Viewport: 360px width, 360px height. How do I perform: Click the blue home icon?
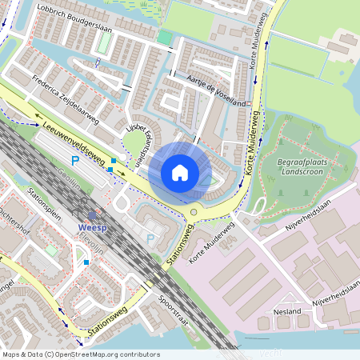coord(180,173)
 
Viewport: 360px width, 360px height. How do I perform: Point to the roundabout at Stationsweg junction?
coord(194,213)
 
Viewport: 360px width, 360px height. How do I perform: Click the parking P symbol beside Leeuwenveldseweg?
coord(76,161)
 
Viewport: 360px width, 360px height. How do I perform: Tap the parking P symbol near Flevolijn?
coord(150,238)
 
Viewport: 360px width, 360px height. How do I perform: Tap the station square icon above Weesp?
coord(92,214)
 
